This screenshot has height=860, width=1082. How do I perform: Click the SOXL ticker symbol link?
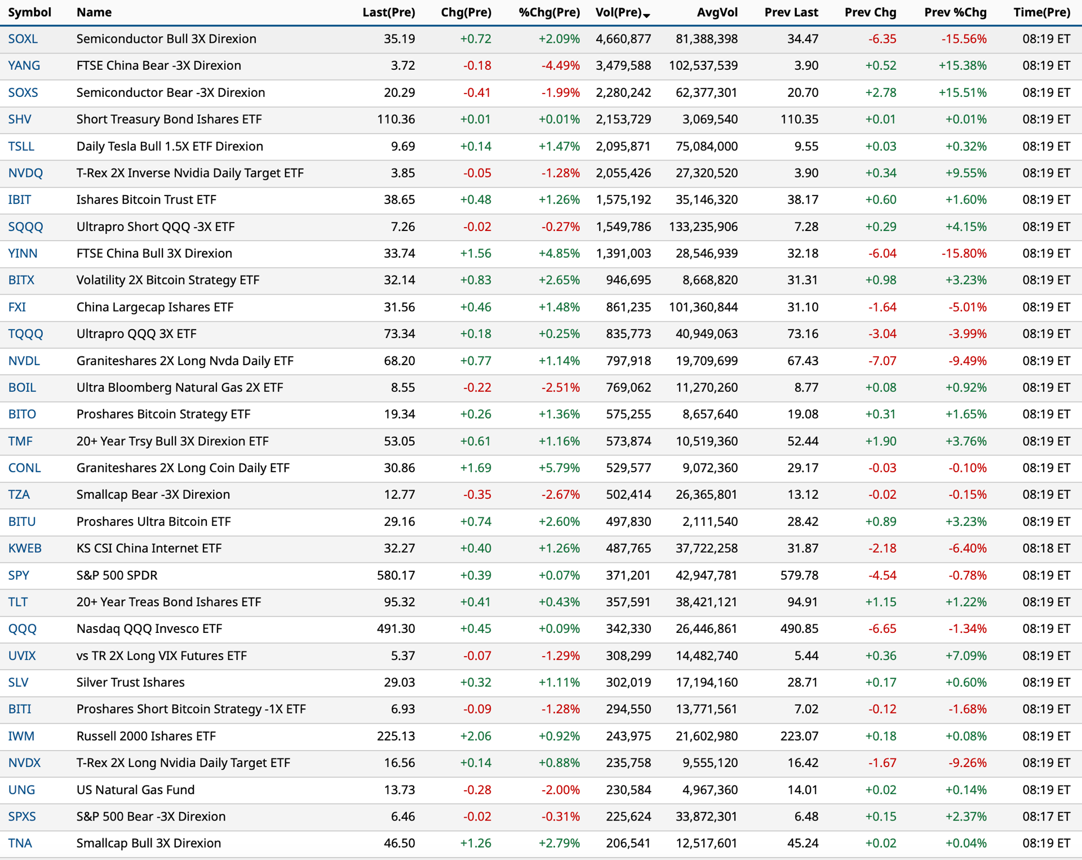23,39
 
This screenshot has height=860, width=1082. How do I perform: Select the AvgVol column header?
717,12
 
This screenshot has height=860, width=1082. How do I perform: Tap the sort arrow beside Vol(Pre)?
646,15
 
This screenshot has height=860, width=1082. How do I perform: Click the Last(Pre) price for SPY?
396,575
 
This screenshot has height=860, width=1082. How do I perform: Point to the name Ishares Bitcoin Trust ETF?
147,200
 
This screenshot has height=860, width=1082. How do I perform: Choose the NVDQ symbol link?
25,173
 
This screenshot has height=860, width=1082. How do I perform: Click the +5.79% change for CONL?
559,468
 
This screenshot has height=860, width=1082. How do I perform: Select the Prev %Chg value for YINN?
964,254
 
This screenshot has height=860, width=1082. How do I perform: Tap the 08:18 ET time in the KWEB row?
1046,548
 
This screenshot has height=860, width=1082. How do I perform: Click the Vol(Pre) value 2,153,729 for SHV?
623,119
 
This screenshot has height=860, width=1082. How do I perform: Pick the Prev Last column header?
791,12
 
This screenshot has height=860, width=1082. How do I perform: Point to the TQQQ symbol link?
25,334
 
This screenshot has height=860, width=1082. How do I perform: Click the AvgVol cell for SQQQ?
703,227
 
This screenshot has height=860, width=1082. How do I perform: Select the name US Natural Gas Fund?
136,790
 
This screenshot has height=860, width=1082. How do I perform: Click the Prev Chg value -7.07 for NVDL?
882,361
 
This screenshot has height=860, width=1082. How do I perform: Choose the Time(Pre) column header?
1041,12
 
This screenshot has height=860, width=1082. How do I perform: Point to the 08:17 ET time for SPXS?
1046,817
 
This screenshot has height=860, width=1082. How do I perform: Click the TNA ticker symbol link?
20,843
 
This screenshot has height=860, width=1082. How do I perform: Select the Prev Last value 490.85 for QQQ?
799,629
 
